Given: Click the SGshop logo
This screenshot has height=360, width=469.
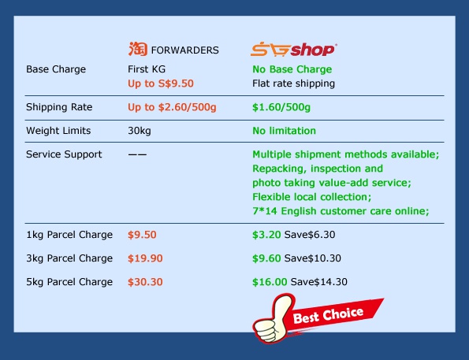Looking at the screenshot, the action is point(294,50).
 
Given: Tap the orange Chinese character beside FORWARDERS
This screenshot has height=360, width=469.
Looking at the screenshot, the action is point(138,49).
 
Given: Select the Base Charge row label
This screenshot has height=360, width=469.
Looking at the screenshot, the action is point(56,69).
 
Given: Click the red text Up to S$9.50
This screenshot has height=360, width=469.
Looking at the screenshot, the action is point(161,84).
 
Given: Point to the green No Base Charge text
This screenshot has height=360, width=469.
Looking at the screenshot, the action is point(292,69).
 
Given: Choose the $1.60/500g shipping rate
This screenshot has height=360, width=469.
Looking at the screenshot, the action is point(281,107).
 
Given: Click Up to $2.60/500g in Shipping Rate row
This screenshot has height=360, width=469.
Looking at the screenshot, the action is point(172,107).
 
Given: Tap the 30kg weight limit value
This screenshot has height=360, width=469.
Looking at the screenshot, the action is point(140,131).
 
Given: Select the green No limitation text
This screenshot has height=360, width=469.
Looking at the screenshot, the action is point(284,131).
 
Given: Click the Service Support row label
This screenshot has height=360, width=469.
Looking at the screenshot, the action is point(64,154).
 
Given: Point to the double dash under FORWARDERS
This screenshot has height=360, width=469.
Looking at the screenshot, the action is point(137,154).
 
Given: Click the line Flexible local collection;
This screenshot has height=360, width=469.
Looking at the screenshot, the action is point(312,197).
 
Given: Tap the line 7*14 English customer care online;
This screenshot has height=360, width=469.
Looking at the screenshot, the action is point(341,211).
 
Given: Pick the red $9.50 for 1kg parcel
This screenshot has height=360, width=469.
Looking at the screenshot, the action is point(142,235).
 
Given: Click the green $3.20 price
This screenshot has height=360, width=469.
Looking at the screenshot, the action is point(266,235).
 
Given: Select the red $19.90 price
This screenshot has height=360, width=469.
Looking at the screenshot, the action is point(145,258).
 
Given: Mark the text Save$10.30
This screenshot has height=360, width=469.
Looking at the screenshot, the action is point(313,258).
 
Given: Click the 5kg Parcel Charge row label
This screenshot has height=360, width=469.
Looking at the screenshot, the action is point(69,282).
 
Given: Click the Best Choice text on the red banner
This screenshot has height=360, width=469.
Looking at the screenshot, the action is point(328,315).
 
